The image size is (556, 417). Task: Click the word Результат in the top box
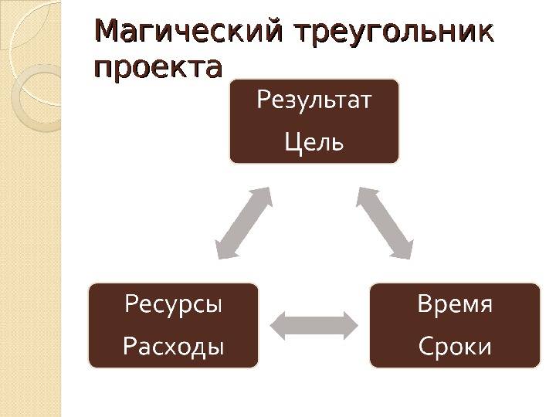[314, 100]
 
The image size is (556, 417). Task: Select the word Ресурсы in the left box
[173, 303]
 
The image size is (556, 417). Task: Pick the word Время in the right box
[455, 303]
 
